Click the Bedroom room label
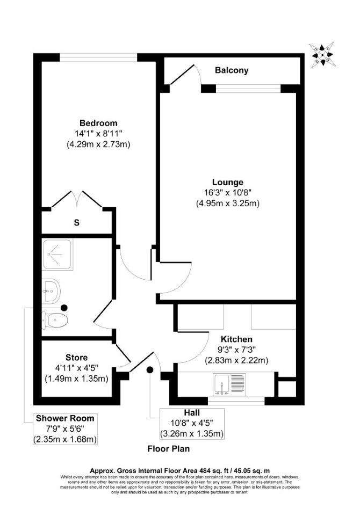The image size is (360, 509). click(x=98, y=123)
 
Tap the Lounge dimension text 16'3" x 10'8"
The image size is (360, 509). click(x=227, y=193)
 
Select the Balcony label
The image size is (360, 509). click(x=232, y=70)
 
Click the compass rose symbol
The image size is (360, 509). click(x=322, y=55)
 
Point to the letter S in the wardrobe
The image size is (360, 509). click(x=77, y=223)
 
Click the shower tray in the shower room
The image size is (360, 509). click(x=57, y=254)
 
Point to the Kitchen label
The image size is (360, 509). click(x=236, y=339)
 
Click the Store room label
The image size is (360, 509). click(x=76, y=358)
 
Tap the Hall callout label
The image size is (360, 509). click(x=192, y=412)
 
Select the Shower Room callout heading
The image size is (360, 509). click(x=65, y=418)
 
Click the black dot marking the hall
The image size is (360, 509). click(x=150, y=370)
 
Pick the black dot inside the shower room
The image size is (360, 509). click(x=64, y=308)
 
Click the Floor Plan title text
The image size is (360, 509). click(x=168, y=449)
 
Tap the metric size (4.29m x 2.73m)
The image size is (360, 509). click(x=98, y=144)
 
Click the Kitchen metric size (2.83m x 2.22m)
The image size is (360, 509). click(x=236, y=360)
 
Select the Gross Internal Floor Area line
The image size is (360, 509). click(x=179, y=470)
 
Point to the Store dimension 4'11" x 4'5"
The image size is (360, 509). click(x=77, y=368)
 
